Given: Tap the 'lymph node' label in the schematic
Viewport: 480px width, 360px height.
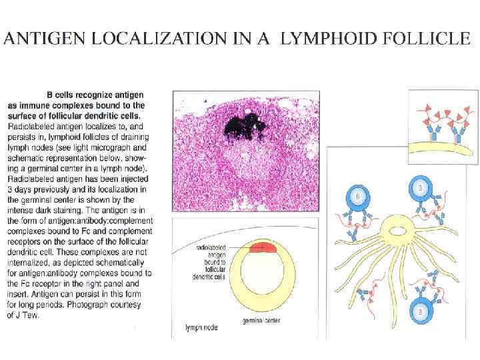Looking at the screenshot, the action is point(199,328).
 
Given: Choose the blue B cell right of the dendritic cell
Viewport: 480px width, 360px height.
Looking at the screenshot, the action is point(419,188).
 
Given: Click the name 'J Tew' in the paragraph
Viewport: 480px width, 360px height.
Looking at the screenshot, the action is point(19,315).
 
